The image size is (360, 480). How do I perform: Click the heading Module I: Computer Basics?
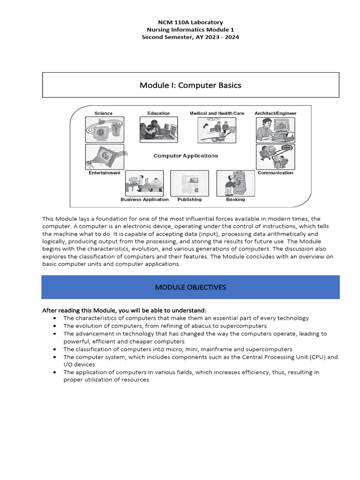[190, 85]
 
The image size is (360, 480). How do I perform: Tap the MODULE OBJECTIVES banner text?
[190, 287]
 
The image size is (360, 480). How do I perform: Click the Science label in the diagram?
[103, 113]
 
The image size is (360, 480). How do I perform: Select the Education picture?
[158, 129]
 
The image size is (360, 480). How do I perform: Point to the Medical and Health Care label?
[217, 113]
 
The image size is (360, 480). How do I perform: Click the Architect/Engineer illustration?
[276, 130]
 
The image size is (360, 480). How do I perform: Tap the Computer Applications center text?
[186, 156]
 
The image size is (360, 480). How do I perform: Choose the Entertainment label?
[105, 173]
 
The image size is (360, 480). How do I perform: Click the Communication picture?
[276, 157]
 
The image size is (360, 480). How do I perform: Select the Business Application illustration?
[144, 183]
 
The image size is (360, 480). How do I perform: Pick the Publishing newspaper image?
[189, 183]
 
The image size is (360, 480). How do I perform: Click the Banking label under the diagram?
[235, 200]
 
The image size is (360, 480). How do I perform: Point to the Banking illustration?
[235, 183]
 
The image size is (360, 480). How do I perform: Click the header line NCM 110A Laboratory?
[190, 22]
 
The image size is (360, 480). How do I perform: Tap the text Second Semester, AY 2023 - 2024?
[190, 37]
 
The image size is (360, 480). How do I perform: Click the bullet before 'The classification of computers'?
[55, 349]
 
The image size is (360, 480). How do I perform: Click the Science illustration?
[105, 130]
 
